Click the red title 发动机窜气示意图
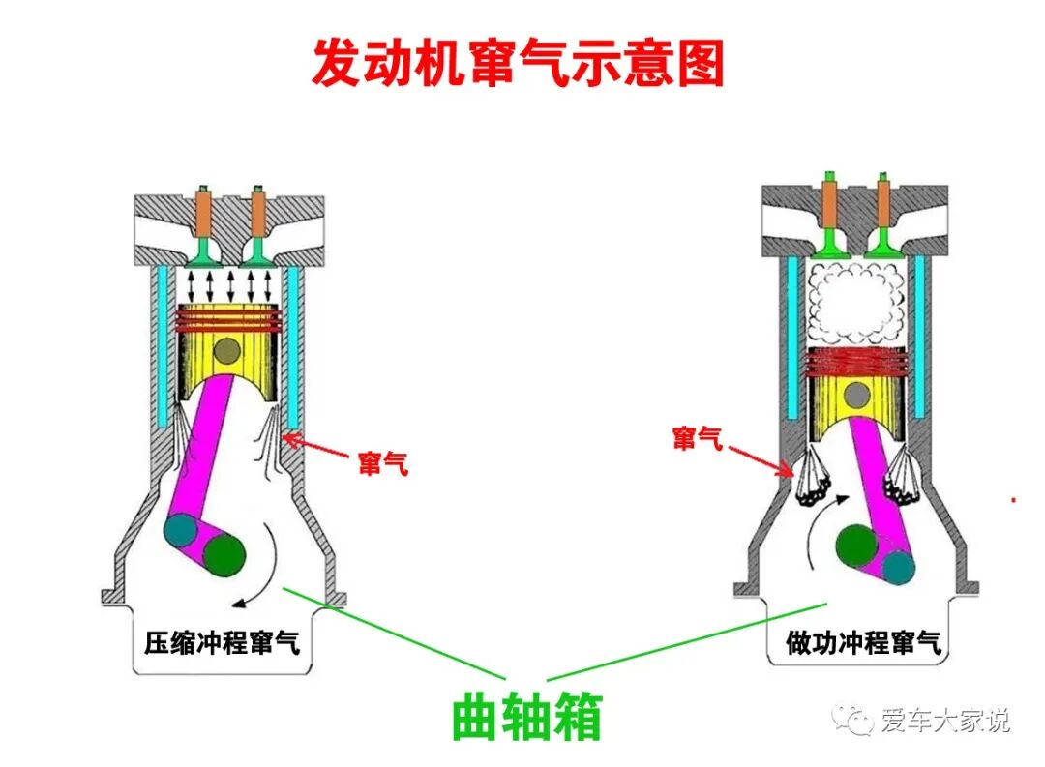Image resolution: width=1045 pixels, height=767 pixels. pos(518,64)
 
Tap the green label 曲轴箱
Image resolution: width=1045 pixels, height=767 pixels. pos(527,718)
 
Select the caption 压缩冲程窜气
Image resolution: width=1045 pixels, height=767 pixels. pos(222,643)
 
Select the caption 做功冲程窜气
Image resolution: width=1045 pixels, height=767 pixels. pos(863,643)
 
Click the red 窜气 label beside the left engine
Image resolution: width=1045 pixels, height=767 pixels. pos(382,464)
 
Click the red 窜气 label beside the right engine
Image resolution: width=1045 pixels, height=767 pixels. pos(698,439)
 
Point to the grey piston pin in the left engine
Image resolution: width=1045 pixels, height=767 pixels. pos(228,351)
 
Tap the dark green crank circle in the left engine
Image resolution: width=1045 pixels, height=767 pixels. pos(225,554)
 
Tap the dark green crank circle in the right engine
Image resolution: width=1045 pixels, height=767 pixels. pos(856,546)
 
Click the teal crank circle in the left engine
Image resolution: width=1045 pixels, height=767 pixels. pos(181,531)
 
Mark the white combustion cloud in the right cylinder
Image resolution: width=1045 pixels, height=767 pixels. pos(855,302)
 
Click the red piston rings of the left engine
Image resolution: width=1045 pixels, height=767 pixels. pos(228,318)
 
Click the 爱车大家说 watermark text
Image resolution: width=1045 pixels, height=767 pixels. pos(943,721)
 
